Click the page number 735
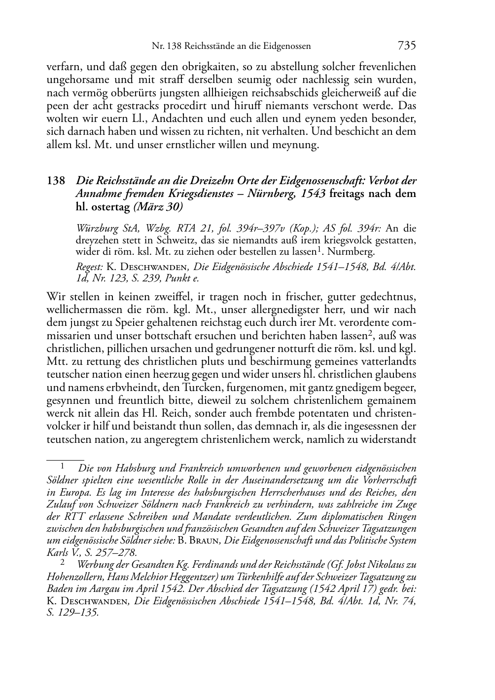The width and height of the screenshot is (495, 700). [x=407, y=46]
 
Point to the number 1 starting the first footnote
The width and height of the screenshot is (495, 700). [x=63, y=466]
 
